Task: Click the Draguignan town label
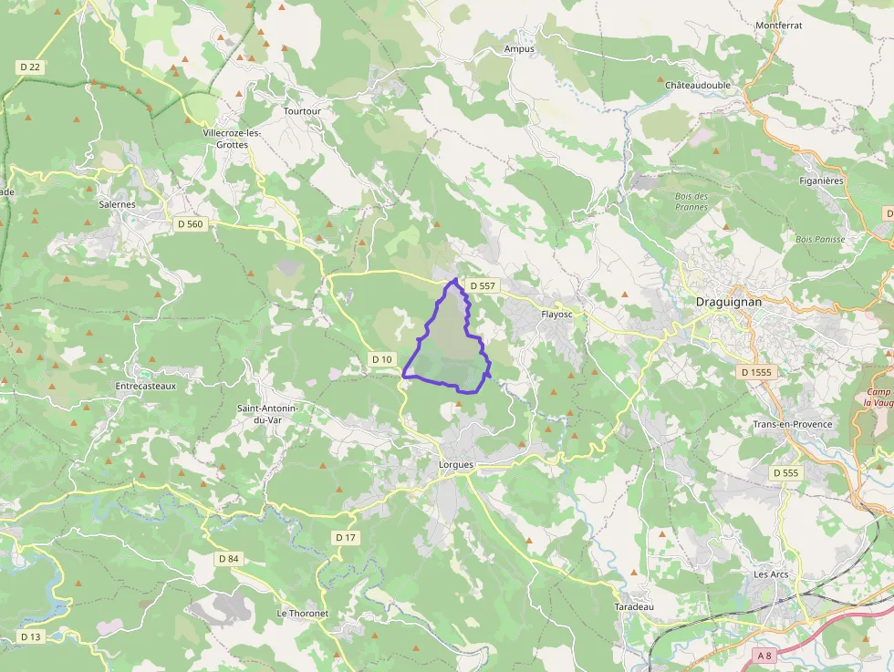click(730, 301)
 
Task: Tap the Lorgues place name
click(455, 465)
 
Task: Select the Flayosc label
click(556, 315)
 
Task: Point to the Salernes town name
click(117, 204)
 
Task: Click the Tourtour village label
click(302, 111)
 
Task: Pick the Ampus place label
click(519, 48)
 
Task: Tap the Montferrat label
click(778, 26)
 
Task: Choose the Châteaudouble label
click(698, 85)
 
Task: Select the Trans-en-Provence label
click(792, 425)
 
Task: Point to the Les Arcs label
click(771, 574)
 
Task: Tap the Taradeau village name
click(634, 606)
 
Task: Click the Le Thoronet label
click(302, 614)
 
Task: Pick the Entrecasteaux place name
click(145, 386)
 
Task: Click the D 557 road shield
click(483, 286)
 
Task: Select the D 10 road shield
click(381, 359)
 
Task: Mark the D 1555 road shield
click(756, 372)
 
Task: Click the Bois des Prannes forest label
click(691, 202)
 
